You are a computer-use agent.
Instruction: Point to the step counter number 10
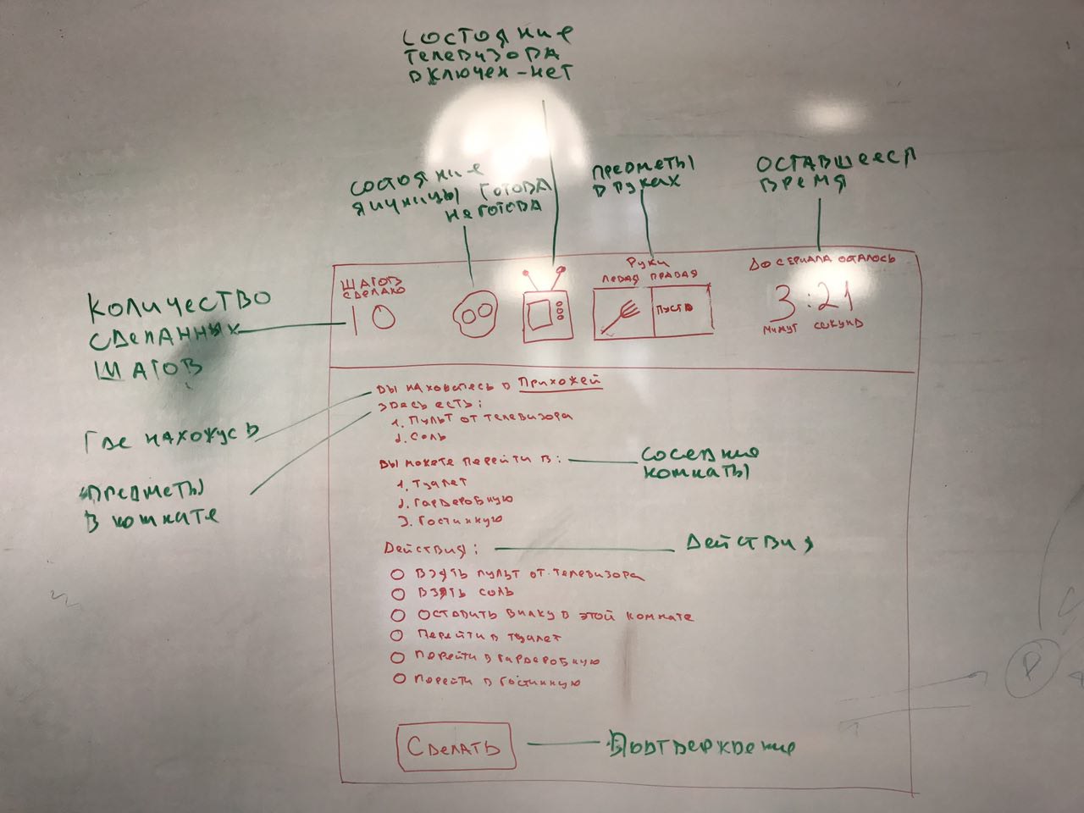click(370, 318)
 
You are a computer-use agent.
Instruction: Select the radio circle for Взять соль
click(397, 595)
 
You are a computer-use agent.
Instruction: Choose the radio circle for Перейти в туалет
click(397, 635)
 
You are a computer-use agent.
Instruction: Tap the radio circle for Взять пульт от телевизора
click(397, 574)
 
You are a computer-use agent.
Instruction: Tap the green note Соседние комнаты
click(699, 462)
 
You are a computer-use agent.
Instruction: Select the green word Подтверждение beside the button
click(701, 746)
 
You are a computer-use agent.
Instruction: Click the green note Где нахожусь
click(170, 438)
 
